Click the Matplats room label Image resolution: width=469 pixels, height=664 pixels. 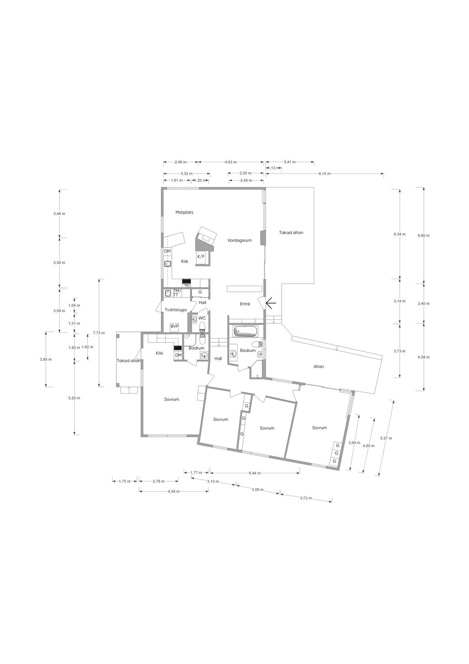(184, 212)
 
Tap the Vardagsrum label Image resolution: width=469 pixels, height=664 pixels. (240, 240)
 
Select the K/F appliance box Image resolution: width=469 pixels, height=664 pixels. (201, 257)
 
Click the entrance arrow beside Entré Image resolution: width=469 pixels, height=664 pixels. (271, 303)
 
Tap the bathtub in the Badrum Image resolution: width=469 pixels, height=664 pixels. (245, 331)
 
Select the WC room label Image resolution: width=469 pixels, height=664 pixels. (202, 318)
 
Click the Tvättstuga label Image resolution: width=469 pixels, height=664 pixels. (176, 310)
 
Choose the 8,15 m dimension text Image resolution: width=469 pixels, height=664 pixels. (324, 174)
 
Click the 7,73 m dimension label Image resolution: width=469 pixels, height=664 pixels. (99, 333)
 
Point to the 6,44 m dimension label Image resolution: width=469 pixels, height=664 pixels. (255, 473)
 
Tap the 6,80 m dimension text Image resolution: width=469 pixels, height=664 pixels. (423, 236)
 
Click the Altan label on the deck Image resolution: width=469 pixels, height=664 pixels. (318, 367)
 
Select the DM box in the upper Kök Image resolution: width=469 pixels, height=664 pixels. (167, 251)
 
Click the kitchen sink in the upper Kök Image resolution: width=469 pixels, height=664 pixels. (168, 263)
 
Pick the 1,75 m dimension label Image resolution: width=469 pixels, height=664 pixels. (125, 482)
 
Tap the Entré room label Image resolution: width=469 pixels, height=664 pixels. (245, 304)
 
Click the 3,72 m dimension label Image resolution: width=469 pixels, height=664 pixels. (306, 498)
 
